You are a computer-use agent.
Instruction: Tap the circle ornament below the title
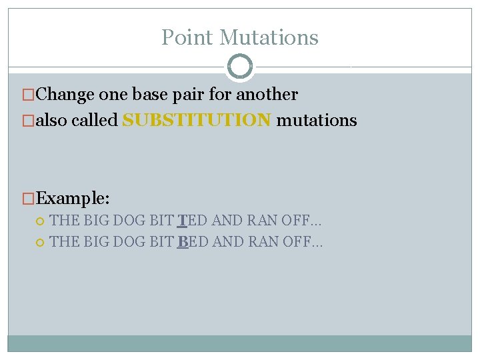pos(240,67)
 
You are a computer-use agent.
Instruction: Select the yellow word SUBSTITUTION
pos(197,121)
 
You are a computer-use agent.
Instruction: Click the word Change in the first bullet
pos(65,95)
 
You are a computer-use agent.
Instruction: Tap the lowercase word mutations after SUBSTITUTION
pos(317,121)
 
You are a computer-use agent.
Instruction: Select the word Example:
pos(73,198)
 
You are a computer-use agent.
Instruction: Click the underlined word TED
pos(192,221)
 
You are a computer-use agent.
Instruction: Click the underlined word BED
pos(193,241)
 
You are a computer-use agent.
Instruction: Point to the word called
pos(97,121)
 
